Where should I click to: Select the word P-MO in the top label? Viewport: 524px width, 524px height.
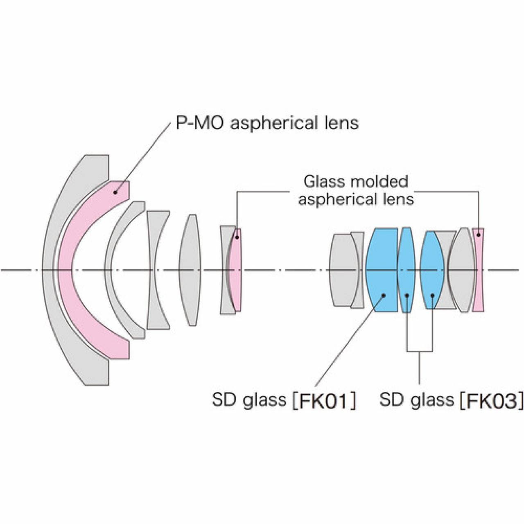tap(199, 122)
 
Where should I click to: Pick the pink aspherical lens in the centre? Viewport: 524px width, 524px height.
tap(235, 270)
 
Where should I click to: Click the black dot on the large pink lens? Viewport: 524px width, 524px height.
tap(116, 191)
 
